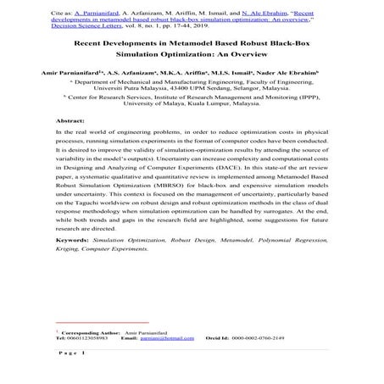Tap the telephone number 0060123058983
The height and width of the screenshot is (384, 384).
click(77, 338)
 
